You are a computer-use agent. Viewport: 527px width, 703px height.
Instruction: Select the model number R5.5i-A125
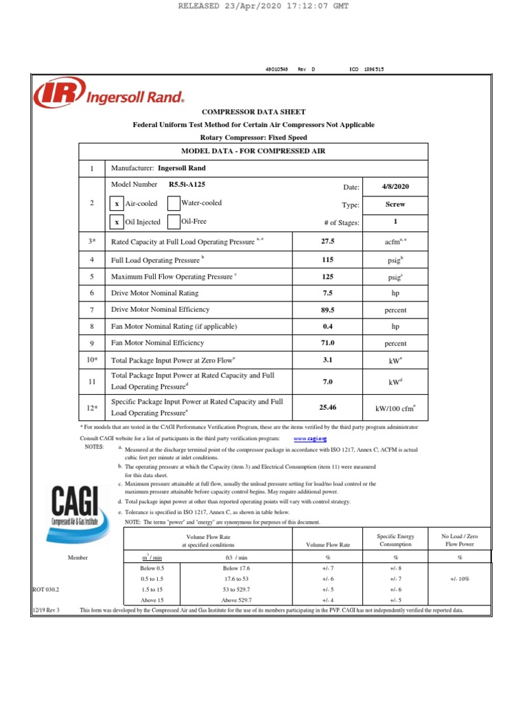187,185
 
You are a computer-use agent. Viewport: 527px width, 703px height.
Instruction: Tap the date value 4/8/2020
395,187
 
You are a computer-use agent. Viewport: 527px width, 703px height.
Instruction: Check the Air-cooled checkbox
117,204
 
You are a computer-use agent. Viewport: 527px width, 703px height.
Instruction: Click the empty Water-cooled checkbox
174,203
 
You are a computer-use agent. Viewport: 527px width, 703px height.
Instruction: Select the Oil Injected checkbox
117,222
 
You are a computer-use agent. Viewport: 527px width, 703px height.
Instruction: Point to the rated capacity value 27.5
327,242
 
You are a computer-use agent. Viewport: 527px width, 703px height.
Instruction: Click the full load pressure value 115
327,260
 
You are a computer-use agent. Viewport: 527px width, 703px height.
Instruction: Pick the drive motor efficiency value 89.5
327,310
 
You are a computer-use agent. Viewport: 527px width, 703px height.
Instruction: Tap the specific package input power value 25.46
327,408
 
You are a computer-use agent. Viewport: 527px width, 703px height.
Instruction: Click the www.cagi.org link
310,437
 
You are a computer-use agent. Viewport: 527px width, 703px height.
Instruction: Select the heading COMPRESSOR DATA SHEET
253,111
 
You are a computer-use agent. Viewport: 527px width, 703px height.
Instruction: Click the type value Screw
395,205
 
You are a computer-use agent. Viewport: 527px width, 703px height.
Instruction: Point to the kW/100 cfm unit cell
395,408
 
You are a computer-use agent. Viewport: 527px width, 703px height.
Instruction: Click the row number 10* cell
93,359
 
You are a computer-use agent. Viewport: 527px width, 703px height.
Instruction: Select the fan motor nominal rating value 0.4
327,326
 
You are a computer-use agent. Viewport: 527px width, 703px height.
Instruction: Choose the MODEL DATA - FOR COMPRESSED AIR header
253,150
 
